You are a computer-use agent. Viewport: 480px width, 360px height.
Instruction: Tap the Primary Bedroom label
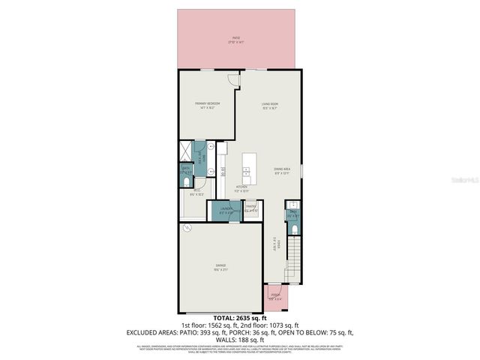[x=207, y=105]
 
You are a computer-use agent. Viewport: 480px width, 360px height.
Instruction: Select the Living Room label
[x=270, y=105]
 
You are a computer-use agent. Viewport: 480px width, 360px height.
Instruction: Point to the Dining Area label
[x=282, y=172]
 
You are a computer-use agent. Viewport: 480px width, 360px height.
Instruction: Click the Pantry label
[x=251, y=208]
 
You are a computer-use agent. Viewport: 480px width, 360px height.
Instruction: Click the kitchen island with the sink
[x=250, y=168]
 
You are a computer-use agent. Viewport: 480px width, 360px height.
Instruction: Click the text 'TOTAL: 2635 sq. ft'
[x=239, y=318]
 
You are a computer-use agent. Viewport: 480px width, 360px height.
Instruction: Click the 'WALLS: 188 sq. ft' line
[x=239, y=338]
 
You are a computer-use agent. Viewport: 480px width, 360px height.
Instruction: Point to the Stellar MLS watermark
[x=466, y=181]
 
